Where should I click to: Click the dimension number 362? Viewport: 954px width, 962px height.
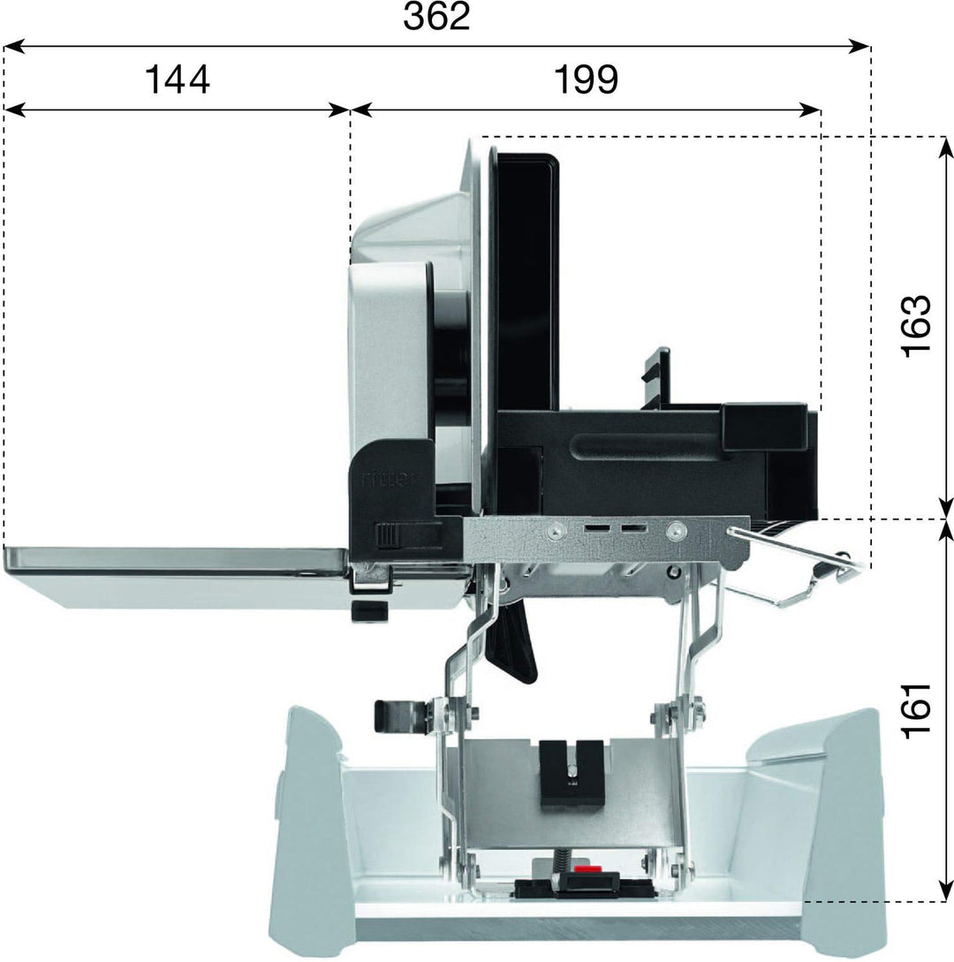click(436, 17)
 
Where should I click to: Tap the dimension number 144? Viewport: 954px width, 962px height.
click(178, 80)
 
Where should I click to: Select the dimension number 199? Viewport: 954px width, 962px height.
click(586, 80)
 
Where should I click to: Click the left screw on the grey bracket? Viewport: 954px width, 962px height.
click(556, 531)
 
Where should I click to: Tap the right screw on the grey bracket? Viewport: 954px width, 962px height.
click(676, 530)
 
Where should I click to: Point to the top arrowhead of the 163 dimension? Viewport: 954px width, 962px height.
click(945, 148)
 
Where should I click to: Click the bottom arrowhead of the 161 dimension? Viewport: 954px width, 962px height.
click(945, 890)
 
